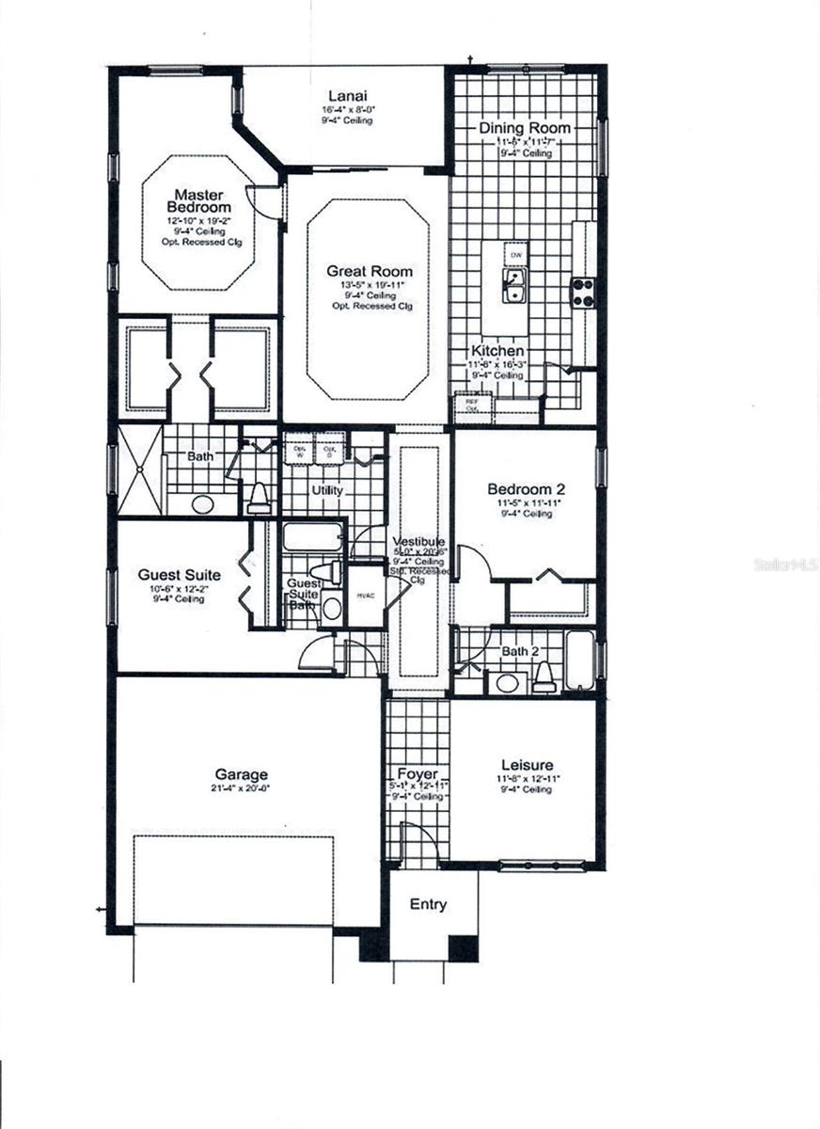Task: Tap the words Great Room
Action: [x=363, y=272]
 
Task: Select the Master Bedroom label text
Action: [x=198, y=200]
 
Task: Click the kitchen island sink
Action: [x=514, y=286]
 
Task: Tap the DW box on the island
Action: [x=515, y=255]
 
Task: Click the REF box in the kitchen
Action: [x=468, y=405]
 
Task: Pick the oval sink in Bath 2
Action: [x=509, y=683]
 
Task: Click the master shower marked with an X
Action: [x=138, y=469]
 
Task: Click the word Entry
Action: [x=428, y=904]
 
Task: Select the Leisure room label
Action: [x=527, y=765]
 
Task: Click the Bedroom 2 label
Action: [x=525, y=489]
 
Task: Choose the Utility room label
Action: [x=327, y=491]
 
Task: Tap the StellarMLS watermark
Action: [x=786, y=565]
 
